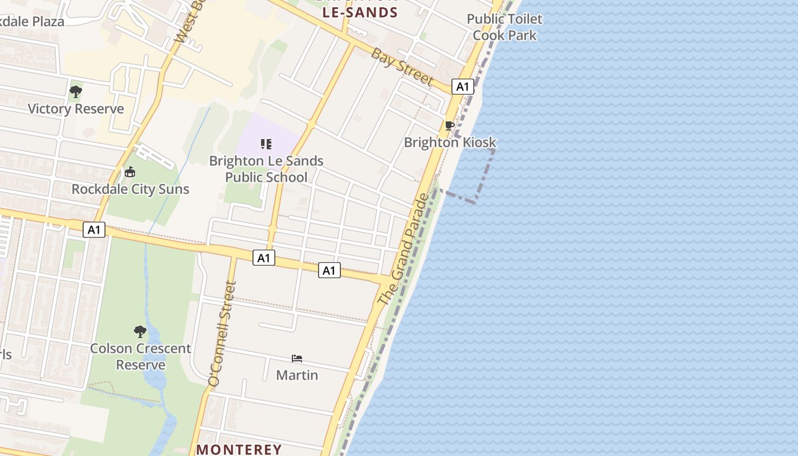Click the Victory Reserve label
click(75, 109)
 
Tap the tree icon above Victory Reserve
click(75, 92)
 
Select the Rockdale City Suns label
click(130, 189)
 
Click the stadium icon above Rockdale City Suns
click(130, 172)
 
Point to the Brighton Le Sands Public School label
click(266, 169)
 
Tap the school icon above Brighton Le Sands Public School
click(266, 144)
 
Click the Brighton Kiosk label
click(450, 142)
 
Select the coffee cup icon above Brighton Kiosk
click(450, 125)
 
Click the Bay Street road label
click(402, 67)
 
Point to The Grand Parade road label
click(403, 250)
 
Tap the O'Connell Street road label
click(222, 333)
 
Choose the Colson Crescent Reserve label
click(140, 356)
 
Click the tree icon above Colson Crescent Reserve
click(140, 331)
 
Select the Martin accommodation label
click(297, 375)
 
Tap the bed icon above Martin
click(297, 359)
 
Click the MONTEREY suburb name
click(239, 449)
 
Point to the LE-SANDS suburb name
click(360, 13)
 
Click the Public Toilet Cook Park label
click(504, 27)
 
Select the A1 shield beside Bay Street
click(463, 87)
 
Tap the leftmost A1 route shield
click(94, 230)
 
